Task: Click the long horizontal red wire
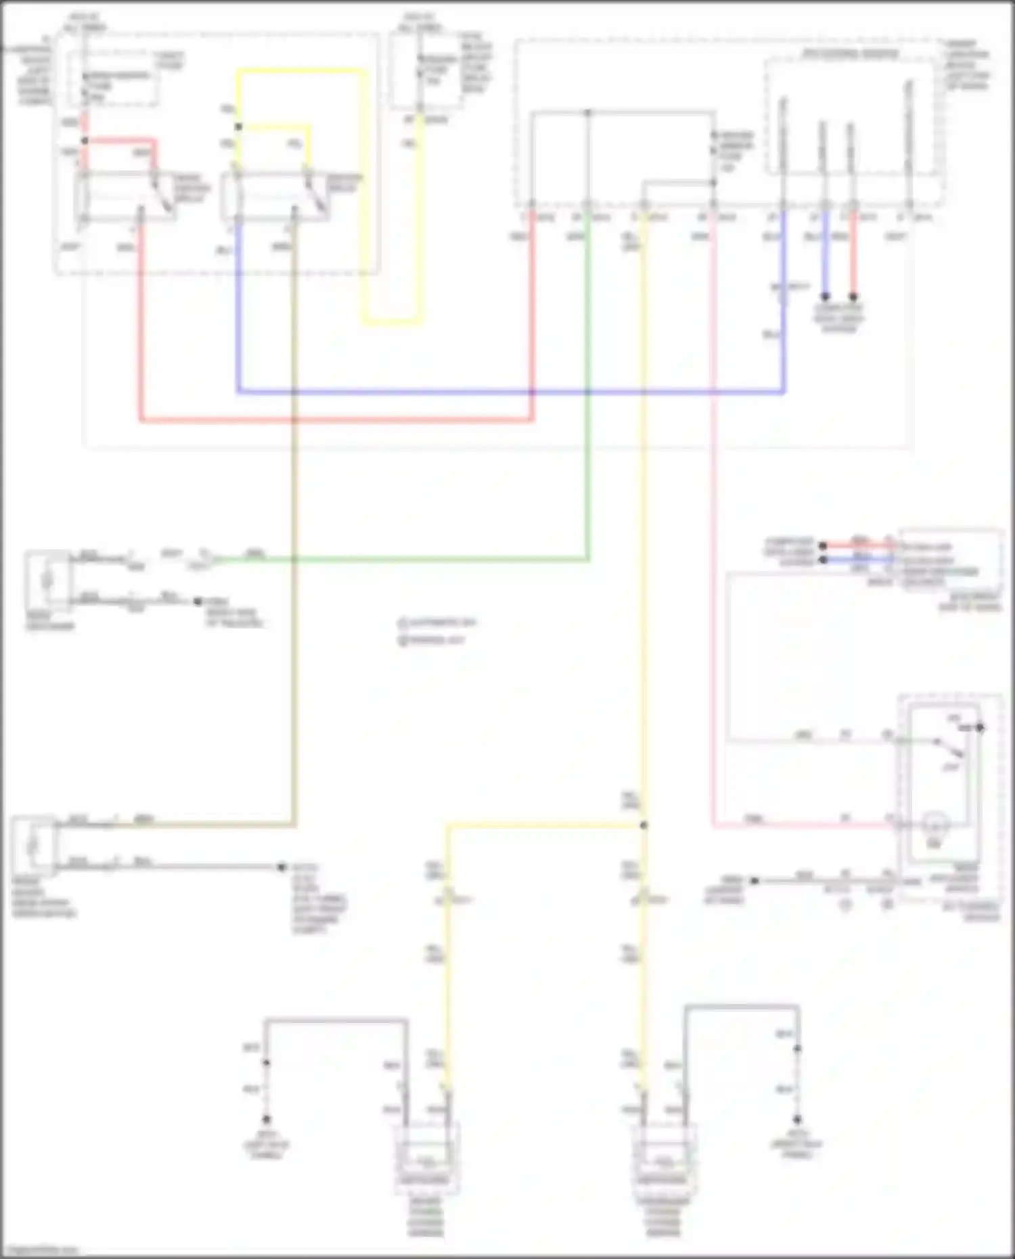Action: click(338, 420)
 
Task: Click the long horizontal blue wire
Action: click(507, 392)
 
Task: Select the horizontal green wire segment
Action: click(406, 559)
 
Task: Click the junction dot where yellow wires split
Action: click(644, 825)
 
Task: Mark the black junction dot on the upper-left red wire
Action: click(85, 141)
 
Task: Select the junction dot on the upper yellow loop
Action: click(238, 127)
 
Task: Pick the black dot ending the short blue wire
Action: click(825, 297)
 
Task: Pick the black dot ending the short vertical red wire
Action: click(853, 297)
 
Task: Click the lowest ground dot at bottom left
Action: click(267, 1120)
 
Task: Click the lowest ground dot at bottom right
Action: click(798, 1120)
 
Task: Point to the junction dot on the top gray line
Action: click(587, 112)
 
